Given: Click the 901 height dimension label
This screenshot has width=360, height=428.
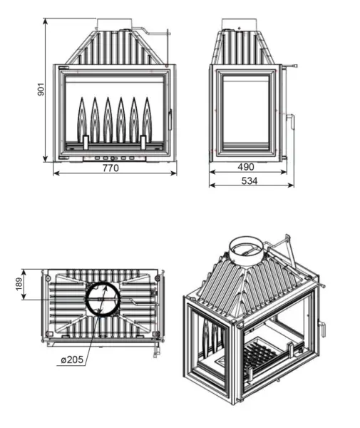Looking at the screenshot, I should (x=41, y=88).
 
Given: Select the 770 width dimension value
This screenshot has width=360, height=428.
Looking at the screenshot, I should (x=110, y=168).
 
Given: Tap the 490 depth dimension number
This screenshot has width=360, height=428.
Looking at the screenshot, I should (x=245, y=167).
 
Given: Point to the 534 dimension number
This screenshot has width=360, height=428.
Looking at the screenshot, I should (x=249, y=181).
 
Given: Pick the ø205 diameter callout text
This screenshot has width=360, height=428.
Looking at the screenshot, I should (x=73, y=359).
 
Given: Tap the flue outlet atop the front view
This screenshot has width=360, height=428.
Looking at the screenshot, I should (x=113, y=24).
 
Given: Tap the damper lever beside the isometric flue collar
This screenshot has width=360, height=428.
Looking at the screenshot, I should (x=282, y=250).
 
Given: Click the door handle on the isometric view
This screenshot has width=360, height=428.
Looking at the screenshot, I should (x=324, y=328).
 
